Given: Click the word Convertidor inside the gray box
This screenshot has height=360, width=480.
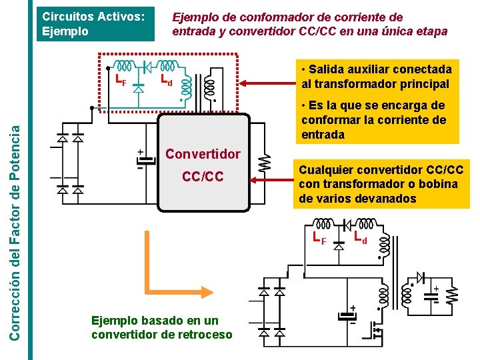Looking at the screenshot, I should (203, 154).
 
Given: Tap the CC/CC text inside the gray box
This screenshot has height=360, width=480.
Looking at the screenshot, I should (203, 177).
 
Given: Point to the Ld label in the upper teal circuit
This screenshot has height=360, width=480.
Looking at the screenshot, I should (167, 81).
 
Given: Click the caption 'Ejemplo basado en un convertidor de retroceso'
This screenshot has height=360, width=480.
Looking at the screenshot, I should (162, 327).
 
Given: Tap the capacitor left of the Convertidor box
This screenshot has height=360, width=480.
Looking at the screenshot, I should (141, 160).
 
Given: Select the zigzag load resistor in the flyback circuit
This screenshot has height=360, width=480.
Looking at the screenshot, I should (453, 294).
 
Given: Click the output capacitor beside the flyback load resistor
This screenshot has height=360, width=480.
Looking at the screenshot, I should (437, 293).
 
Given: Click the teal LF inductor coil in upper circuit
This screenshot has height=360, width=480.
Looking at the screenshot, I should (124, 65).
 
